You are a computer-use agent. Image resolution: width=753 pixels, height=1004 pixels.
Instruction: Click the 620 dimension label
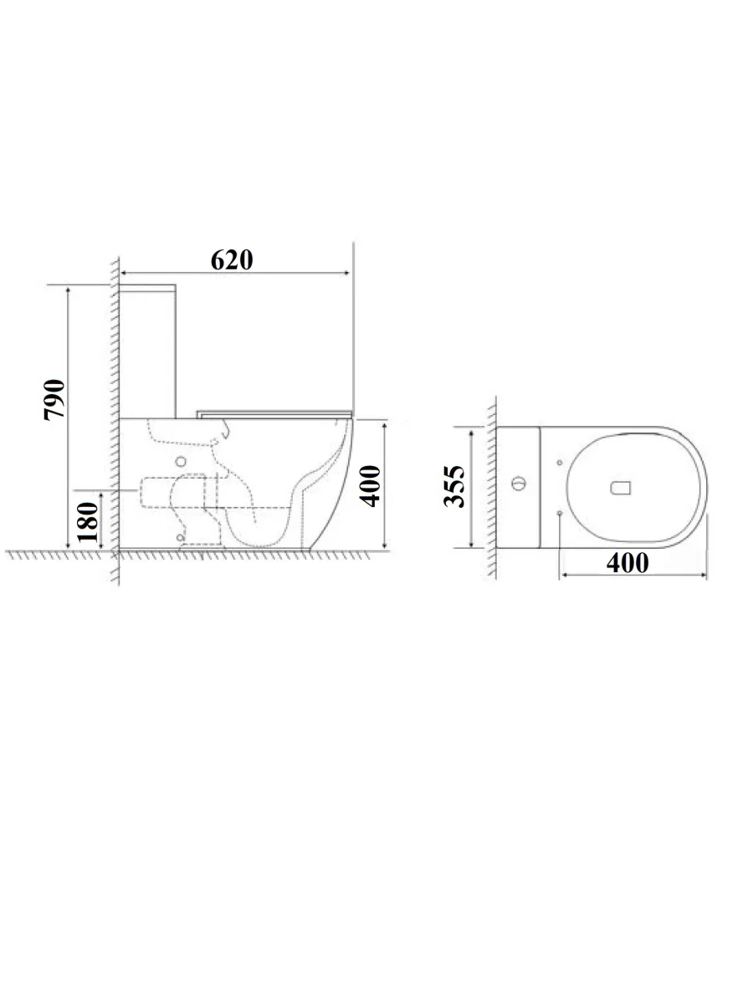(232, 260)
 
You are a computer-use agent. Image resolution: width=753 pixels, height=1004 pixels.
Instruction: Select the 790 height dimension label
(54, 399)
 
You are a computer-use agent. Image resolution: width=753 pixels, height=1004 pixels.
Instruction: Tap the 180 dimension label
(87, 522)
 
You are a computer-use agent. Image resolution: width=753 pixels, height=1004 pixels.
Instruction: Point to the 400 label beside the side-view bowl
(370, 486)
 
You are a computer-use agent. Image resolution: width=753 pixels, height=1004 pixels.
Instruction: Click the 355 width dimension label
(454, 486)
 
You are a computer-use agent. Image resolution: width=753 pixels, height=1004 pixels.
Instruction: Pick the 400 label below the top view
(627, 562)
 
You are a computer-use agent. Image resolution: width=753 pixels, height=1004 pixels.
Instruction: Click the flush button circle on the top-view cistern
(519, 483)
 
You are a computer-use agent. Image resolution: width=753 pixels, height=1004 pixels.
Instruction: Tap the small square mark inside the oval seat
(621, 488)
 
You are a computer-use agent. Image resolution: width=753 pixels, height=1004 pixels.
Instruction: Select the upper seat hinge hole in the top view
(560, 463)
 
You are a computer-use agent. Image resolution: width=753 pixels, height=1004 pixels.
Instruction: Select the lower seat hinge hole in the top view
(560, 513)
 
